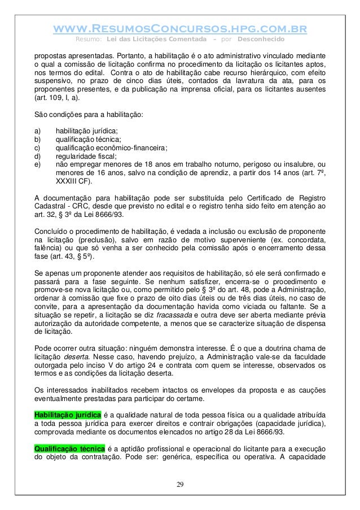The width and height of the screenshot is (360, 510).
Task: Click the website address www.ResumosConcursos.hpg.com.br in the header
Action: coord(180,28)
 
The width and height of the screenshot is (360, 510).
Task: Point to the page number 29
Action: coord(179,484)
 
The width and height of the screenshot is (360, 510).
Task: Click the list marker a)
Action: coord(38,131)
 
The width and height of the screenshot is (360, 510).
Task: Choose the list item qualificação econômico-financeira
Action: coord(111,147)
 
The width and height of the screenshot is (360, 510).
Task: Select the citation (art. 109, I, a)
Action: coord(57,97)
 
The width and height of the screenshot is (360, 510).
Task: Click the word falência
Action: coord(48,250)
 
